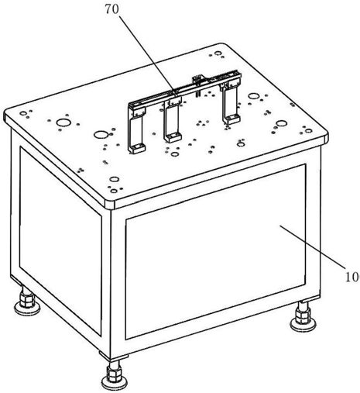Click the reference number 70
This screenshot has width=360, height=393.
coord(112,9)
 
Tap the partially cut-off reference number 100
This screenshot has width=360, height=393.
coord(352,278)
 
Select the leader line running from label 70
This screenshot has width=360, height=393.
coord(146,54)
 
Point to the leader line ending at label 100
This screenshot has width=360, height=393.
coord(313,246)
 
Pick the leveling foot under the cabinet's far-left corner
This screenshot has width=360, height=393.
coord(26,301)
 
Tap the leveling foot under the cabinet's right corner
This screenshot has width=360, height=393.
coord(303,317)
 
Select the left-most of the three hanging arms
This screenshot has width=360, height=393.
coord(136,130)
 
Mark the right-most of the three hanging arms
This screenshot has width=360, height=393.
coord(231,102)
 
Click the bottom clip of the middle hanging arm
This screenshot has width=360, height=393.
coord(173,137)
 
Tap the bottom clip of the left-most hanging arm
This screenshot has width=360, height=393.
coord(137,149)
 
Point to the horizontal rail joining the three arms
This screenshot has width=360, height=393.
coord(184,89)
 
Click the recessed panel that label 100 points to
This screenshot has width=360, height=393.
coord(215,251)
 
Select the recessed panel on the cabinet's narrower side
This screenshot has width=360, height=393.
coord(60,241)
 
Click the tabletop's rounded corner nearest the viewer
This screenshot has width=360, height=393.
coord(109,204)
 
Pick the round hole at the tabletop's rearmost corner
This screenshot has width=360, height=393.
coord(218,53)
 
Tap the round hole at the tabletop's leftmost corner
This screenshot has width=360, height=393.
coord(23,113)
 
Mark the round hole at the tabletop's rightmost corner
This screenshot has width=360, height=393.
coord(308,131)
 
